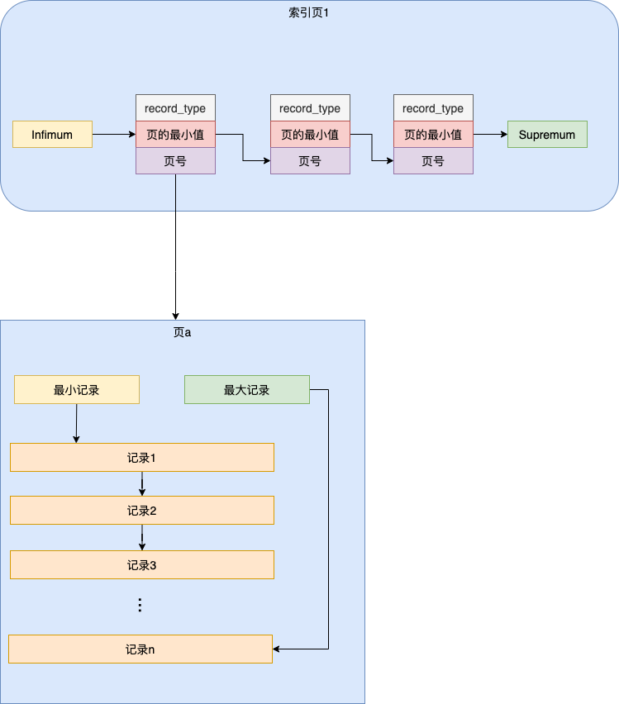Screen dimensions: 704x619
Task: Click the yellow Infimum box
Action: pos(52,135)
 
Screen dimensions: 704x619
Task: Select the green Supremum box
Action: pos(546,135)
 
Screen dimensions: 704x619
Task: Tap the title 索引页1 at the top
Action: pos(308,13)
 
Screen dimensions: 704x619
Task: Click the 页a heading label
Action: pos(182,332)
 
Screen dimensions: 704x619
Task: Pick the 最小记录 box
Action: pos(77,390)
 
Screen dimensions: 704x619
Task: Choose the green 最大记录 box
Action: pos(246,390)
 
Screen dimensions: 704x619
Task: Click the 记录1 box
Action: pos(141,457)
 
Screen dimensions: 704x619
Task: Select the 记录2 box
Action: pos(141,511)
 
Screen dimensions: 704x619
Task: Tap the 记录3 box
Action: pos(141,565)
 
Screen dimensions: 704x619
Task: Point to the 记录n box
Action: pos(140,649)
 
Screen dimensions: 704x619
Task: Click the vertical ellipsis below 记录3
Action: pos(140,606)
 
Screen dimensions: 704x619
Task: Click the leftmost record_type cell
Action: pos(175,108)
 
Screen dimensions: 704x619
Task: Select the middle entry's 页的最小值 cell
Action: pos(310,135)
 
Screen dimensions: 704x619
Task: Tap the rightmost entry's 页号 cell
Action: pos(433,161)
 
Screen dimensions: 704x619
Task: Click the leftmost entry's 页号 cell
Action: pos(175,161)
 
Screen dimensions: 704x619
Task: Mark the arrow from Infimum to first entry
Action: pos(114,134)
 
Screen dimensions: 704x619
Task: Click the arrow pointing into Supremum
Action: pos(490,134)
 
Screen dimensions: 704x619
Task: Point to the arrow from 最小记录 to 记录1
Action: pos(76,423)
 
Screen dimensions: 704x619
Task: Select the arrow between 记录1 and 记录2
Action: pos(142,484)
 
